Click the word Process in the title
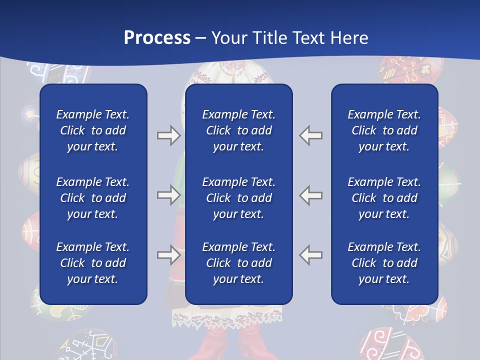pos(157,38)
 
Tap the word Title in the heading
pos(269,38)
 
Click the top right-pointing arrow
pos(168,135)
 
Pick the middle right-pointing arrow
pos(168,195)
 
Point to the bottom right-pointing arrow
pos(168,255)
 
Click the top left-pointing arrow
pos(311,135)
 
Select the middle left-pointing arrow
pos(311,195)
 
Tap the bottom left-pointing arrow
pos(311,255)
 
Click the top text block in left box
pos(93,130)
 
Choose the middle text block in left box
pos(93,198)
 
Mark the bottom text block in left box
pos(93,263)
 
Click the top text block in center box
pos(238,130)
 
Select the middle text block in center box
pos(238,198)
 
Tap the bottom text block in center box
pos(238,263)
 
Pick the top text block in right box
pos(384,130)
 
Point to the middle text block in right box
pos(384,198)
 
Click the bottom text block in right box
pos(384,263)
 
